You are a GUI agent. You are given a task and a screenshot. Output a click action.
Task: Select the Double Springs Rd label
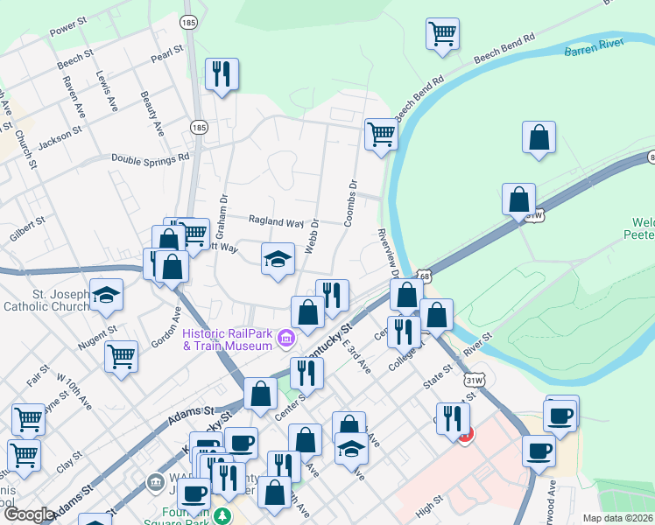tap(150, 158)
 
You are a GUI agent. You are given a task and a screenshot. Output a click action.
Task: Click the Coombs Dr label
tap(352, 203)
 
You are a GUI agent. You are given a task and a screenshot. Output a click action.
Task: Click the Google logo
tap(28, 514)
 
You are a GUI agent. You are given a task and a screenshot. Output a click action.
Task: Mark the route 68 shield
tap(424, 276)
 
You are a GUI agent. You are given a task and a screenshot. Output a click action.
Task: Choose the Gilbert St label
tap(26, 224)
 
